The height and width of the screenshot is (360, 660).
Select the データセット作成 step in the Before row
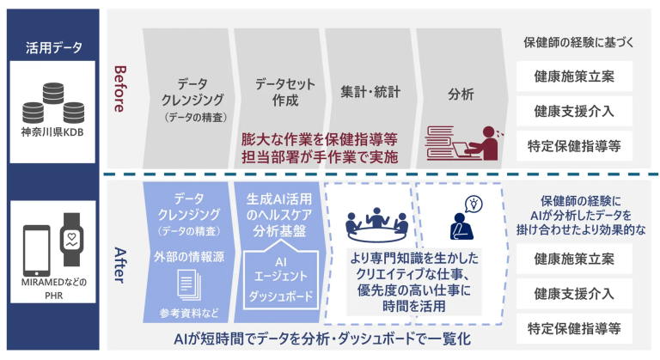[x=278, y=93]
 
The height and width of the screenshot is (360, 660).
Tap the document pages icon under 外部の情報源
[x=187, y=283]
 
